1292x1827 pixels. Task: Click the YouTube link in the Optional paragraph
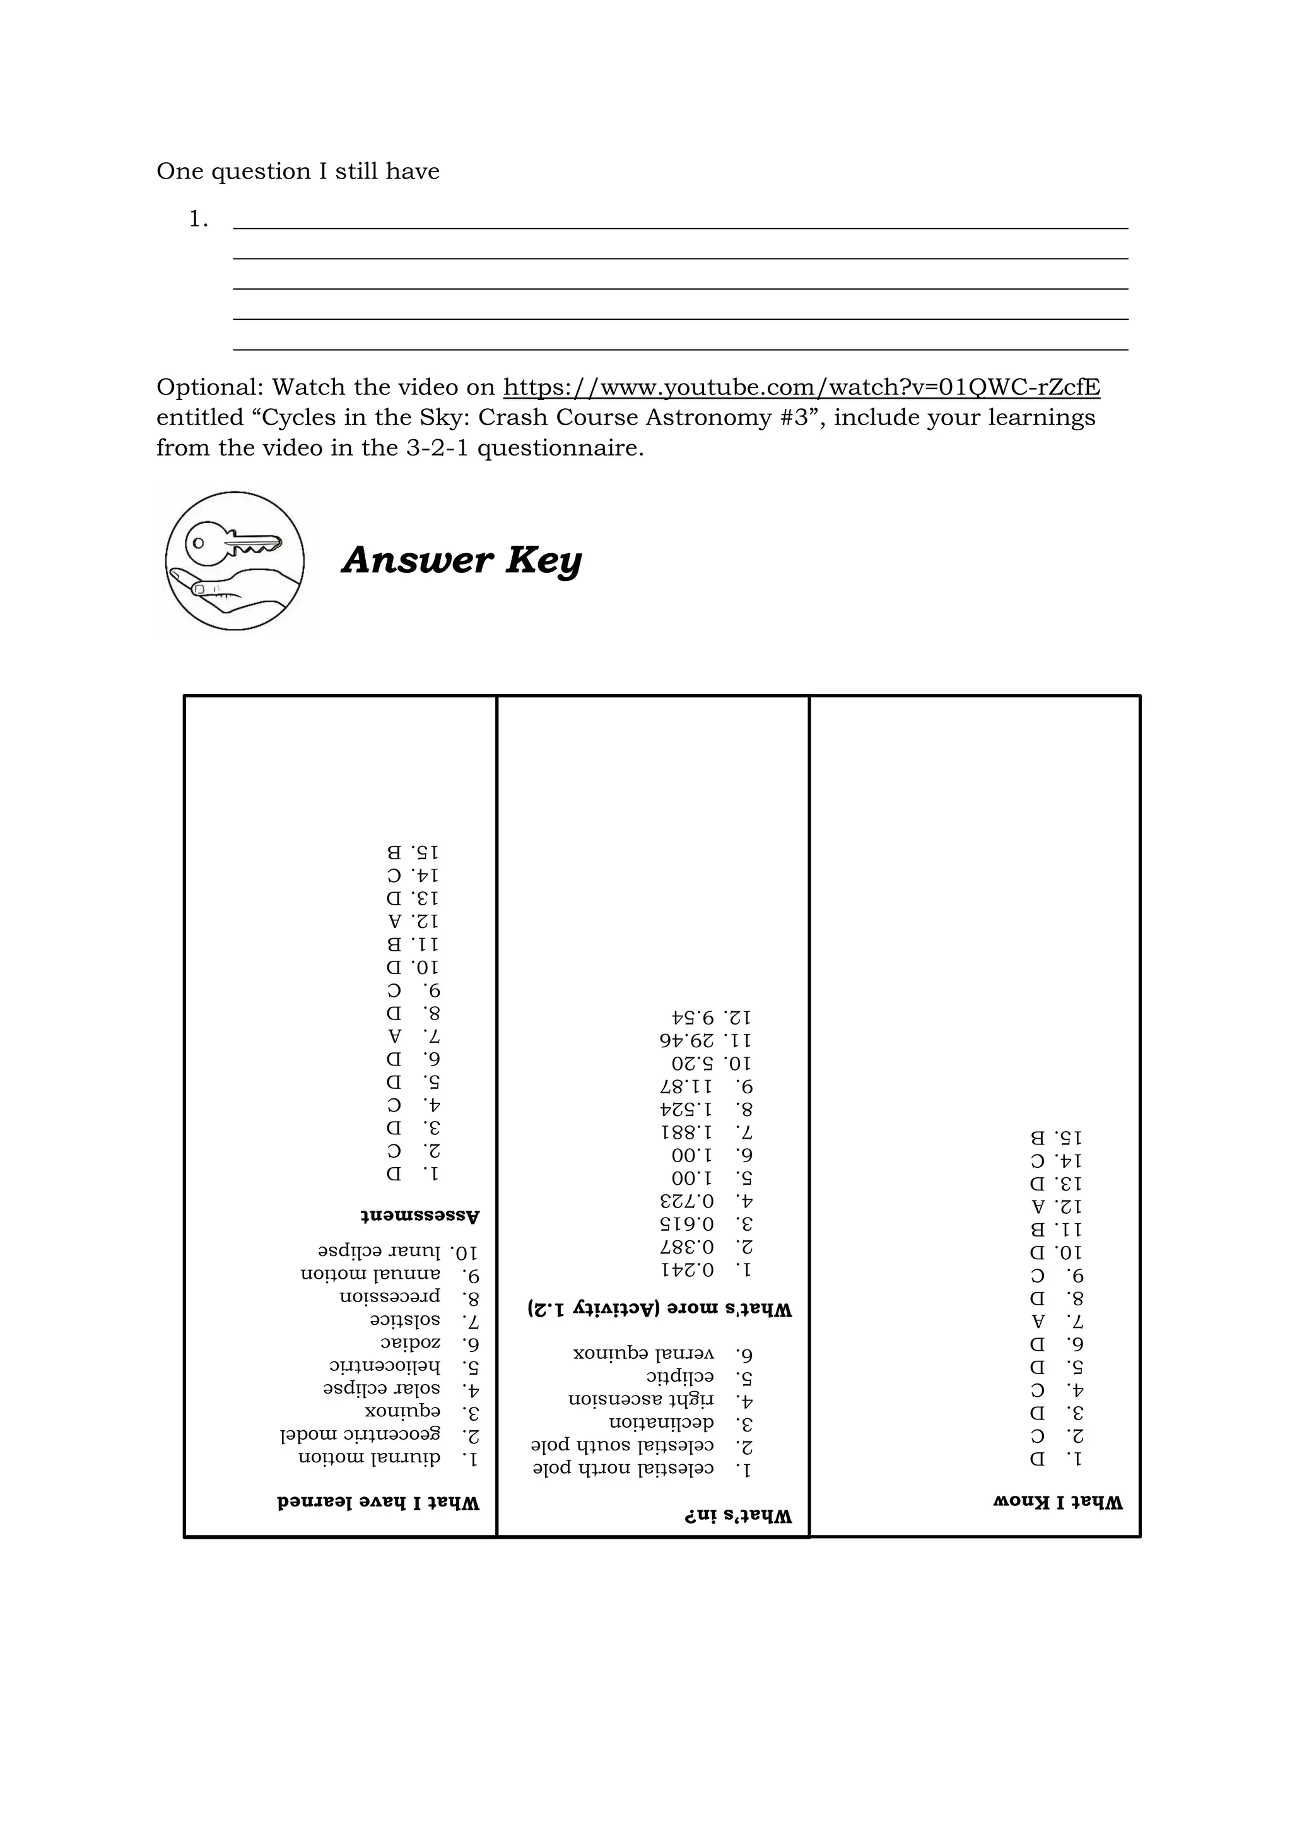(801, 387)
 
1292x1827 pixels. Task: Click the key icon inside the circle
(232, 545)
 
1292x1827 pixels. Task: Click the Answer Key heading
(461, 560)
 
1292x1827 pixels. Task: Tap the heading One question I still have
(298, 171)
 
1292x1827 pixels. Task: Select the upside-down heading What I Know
(1057, 1502)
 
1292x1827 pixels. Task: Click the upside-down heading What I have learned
(379, 1502)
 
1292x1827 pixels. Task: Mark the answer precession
(390, 1297)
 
